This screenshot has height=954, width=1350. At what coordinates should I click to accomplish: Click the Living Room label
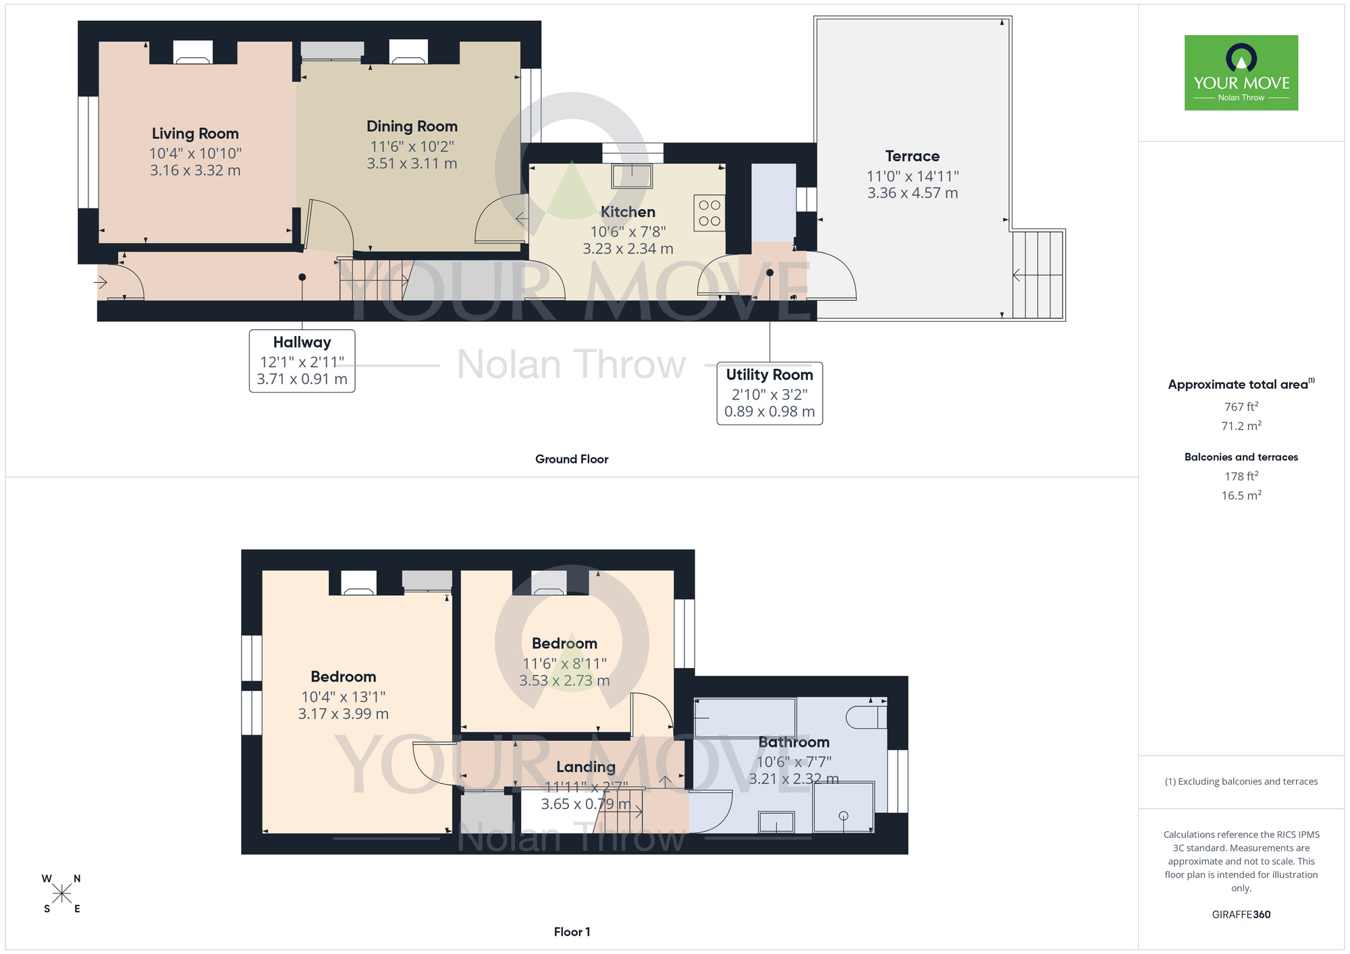(x=195, y=134)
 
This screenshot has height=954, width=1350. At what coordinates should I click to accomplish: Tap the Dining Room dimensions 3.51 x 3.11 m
(x=412, y=164)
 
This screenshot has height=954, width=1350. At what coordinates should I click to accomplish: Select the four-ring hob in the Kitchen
(x=709, y=213)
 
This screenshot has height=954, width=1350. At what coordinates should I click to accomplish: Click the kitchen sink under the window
(x=632, y=176)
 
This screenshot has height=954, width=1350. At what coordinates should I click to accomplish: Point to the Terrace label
(x=912, y=157)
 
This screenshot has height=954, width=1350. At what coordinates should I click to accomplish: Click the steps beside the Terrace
(x=1037, y=275)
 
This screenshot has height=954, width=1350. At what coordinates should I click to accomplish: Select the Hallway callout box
(x=302, y=360)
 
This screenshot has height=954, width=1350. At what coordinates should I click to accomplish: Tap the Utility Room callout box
(x=769, y=393)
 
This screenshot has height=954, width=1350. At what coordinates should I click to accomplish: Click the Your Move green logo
(x=1241, y=73)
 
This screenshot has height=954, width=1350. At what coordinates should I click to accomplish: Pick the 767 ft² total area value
(x=1241, y=407)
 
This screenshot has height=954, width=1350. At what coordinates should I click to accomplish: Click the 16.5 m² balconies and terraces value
(x=1241, y=496)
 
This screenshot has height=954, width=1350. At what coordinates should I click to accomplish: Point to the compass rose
(x=61, y=894)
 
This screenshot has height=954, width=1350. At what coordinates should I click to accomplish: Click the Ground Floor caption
(x=572, y=459)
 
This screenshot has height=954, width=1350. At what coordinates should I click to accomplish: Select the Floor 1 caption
(x=572, y=932)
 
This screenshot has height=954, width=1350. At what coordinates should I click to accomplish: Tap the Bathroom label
(x=794, y=742)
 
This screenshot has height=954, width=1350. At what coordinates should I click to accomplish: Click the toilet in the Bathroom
(x=866, y=717)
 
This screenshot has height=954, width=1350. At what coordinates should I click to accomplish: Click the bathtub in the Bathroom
(x=745, y=718)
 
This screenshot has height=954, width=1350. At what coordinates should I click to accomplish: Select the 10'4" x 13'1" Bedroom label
(x=343, y=677)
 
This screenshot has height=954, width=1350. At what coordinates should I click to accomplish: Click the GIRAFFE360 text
(x=1241, y=915)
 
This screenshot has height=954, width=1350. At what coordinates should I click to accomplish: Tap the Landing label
(x=585, y=767)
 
